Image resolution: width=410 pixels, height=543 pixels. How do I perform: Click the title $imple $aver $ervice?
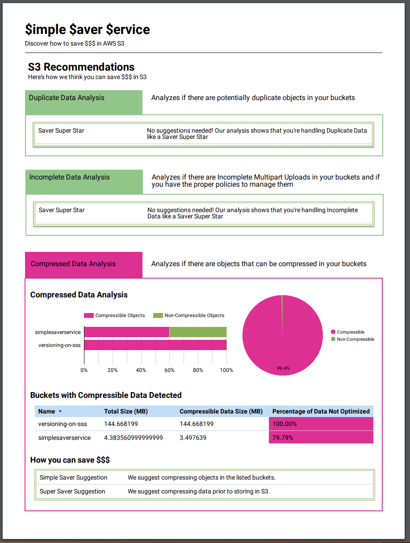point(88,29)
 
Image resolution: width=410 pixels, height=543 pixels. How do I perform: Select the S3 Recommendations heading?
point(81,67)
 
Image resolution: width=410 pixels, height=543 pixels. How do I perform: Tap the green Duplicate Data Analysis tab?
point(67,98)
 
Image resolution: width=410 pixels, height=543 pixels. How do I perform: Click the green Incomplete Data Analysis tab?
point(69,177)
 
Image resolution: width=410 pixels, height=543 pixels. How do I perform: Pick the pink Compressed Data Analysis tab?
point(73,264)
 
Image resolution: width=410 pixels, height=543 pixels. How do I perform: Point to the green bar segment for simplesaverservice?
point(198,332)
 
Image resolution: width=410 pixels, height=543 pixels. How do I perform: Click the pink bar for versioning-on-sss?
point(155,345)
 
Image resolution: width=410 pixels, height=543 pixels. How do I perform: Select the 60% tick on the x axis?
point(169,370)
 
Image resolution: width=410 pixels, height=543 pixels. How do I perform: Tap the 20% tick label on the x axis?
point(113,370)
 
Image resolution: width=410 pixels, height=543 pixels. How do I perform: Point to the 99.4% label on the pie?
point(283,368)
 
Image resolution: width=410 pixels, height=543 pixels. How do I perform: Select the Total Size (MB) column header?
point(126,411)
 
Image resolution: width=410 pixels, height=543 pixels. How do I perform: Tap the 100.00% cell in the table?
point(321,424)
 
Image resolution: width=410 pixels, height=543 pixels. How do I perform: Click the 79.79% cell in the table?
point(321,438)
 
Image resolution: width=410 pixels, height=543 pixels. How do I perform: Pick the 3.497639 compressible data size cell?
point(193,438)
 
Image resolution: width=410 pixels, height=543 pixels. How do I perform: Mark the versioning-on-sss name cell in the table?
point(63,424)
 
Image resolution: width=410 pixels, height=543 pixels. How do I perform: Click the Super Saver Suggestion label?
point(72,491)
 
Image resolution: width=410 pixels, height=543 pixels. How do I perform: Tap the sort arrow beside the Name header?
point(60,411)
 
